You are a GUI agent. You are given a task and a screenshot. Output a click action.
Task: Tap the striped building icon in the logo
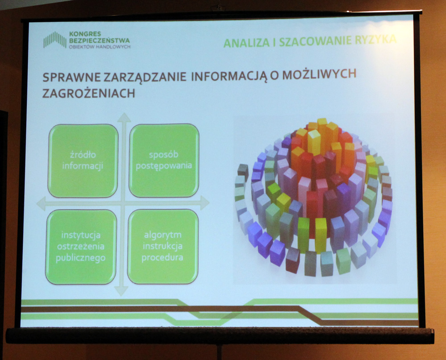click(x=54, y=40)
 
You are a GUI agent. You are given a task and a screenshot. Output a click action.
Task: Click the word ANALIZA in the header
click(x=246, y=43)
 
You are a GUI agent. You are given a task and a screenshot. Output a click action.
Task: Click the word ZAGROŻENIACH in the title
click(x=88, y=93)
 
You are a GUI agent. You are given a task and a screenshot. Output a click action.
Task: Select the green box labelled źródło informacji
click(x=83, y=161)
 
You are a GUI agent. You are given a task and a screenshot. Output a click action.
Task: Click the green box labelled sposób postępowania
click(x=164, y=160)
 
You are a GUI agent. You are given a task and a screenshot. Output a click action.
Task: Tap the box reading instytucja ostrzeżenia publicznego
click(x=81, y=247)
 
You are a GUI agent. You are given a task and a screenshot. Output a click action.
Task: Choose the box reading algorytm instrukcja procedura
click(x=163, y=246)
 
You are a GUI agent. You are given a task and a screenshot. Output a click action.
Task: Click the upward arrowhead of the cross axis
click(x=124, y=118)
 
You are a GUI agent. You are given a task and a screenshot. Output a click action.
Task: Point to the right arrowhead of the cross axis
click(x=205, y=203)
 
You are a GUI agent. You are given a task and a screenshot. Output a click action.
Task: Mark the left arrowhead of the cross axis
click(x=41, y=204)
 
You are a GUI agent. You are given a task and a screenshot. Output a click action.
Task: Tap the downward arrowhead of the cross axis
click(x=121, y=291)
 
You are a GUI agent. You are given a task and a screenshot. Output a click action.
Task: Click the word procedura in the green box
click(x=162, y=257)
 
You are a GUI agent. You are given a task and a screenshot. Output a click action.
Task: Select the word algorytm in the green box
click(x=163, y=235)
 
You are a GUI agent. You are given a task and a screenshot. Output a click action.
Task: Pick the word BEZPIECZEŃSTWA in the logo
click(x=99, y=41)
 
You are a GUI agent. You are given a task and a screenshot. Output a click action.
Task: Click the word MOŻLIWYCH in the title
click(x=319, y=74)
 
